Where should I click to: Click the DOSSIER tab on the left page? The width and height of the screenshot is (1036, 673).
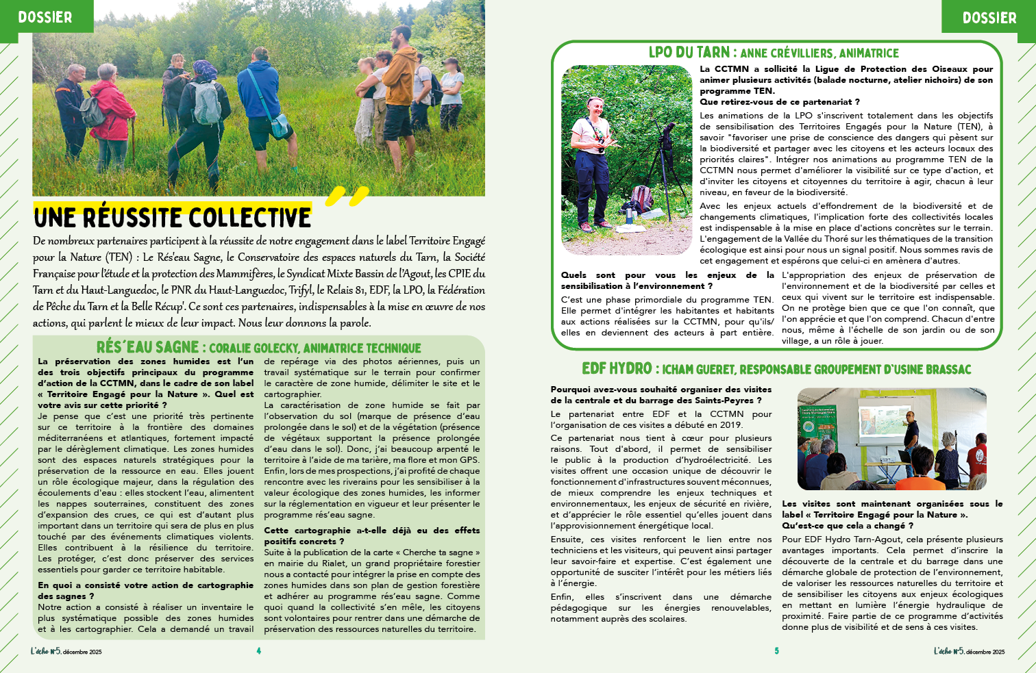click(x=45, y=16)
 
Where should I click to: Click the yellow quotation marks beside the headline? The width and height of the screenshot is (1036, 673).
click(x=347, y=196)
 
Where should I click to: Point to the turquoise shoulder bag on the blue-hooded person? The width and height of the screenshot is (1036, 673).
click(x=280, y=125)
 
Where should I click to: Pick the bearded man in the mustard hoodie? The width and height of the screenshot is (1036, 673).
click(x=399, y=82)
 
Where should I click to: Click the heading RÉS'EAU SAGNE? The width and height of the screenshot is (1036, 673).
click(x=147, y=347)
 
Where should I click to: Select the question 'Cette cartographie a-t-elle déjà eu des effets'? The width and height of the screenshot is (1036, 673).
click(x=371, y=531)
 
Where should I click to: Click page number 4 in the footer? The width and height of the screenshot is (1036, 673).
click(x=258, y=651)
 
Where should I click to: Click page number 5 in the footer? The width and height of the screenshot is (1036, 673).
click(x=776, y=651)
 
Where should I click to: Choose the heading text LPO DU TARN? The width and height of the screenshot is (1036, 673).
click(x=689, y=53)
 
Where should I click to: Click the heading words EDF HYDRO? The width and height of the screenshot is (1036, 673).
click(x=617, y=369)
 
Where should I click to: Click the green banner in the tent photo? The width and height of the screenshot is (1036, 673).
click(x=818, y=432)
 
